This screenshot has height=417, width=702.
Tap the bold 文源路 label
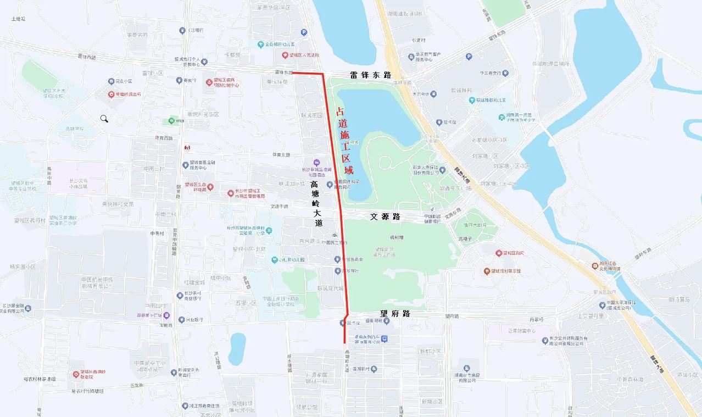tap(385, 217)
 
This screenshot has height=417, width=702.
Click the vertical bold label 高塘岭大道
tap(315, 203)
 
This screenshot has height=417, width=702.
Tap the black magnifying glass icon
tap(104, 119)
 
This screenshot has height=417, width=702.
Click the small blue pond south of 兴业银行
tap(237, 348)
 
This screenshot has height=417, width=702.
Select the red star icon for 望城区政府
tap(499, 253)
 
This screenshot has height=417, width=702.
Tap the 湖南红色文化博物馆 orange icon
tap(595, 266)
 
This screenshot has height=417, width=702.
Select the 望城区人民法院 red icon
tap(285, 55)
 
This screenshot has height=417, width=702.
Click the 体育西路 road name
tap(164, 138)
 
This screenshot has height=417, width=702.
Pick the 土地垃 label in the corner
tap(19, 19)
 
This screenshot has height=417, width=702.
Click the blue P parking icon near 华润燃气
tap(469, 56)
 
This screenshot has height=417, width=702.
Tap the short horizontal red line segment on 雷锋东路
tap(307, 73)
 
